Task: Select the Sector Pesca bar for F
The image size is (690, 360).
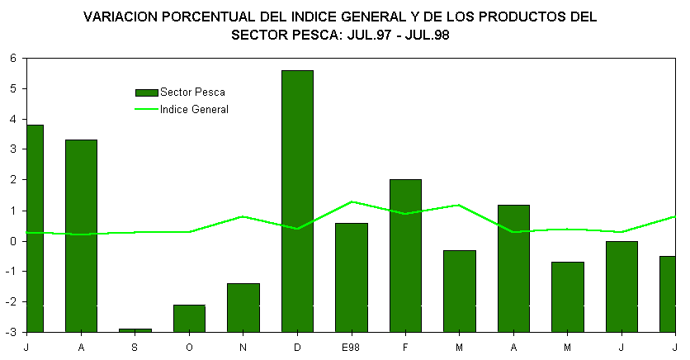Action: pyautogui.click(x=405, y=255)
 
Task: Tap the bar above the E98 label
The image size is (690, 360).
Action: pyautogui.click(x=352, y=277)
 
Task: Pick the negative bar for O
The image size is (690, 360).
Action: pyautogui.click(x=189, y=318)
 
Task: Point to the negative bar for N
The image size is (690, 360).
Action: pyautogui.click(x=243, y=307)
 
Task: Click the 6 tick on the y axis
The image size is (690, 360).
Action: pyautogui.click(x=13, y=58)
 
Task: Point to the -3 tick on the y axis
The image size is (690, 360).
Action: pyautogui.click(x=12, y=332)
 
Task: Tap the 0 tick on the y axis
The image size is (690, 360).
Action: pyautogui.click(x=13, y=241)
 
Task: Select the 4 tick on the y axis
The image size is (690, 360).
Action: pyautogui.click(x=13, y=119)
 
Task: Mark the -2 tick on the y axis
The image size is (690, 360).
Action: pyautogui.click(x=12, y=302)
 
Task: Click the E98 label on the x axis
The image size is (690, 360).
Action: pyautogui.click(x=352, y=348)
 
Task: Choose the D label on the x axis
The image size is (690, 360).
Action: pyautogui.click(x=297, y=348)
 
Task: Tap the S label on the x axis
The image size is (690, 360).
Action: pyautogui.click(x=135, y=348)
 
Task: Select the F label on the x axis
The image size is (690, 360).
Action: pyautogui.click(x=405, y=348)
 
